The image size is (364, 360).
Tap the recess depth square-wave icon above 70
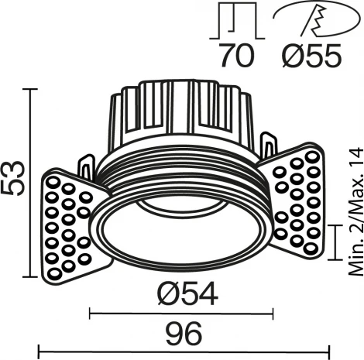coord(238,21)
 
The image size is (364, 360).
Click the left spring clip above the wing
coord(87,166)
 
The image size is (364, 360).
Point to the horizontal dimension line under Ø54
coord(183,313)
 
